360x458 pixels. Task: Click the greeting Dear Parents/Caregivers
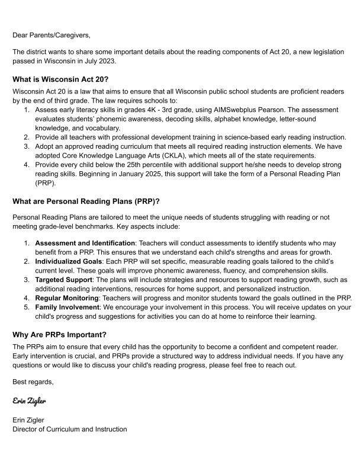click(49, 35)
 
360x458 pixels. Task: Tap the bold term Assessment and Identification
click(85, 243)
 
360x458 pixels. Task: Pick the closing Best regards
click(33, 382)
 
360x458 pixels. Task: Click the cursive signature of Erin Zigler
click(30, 401)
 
